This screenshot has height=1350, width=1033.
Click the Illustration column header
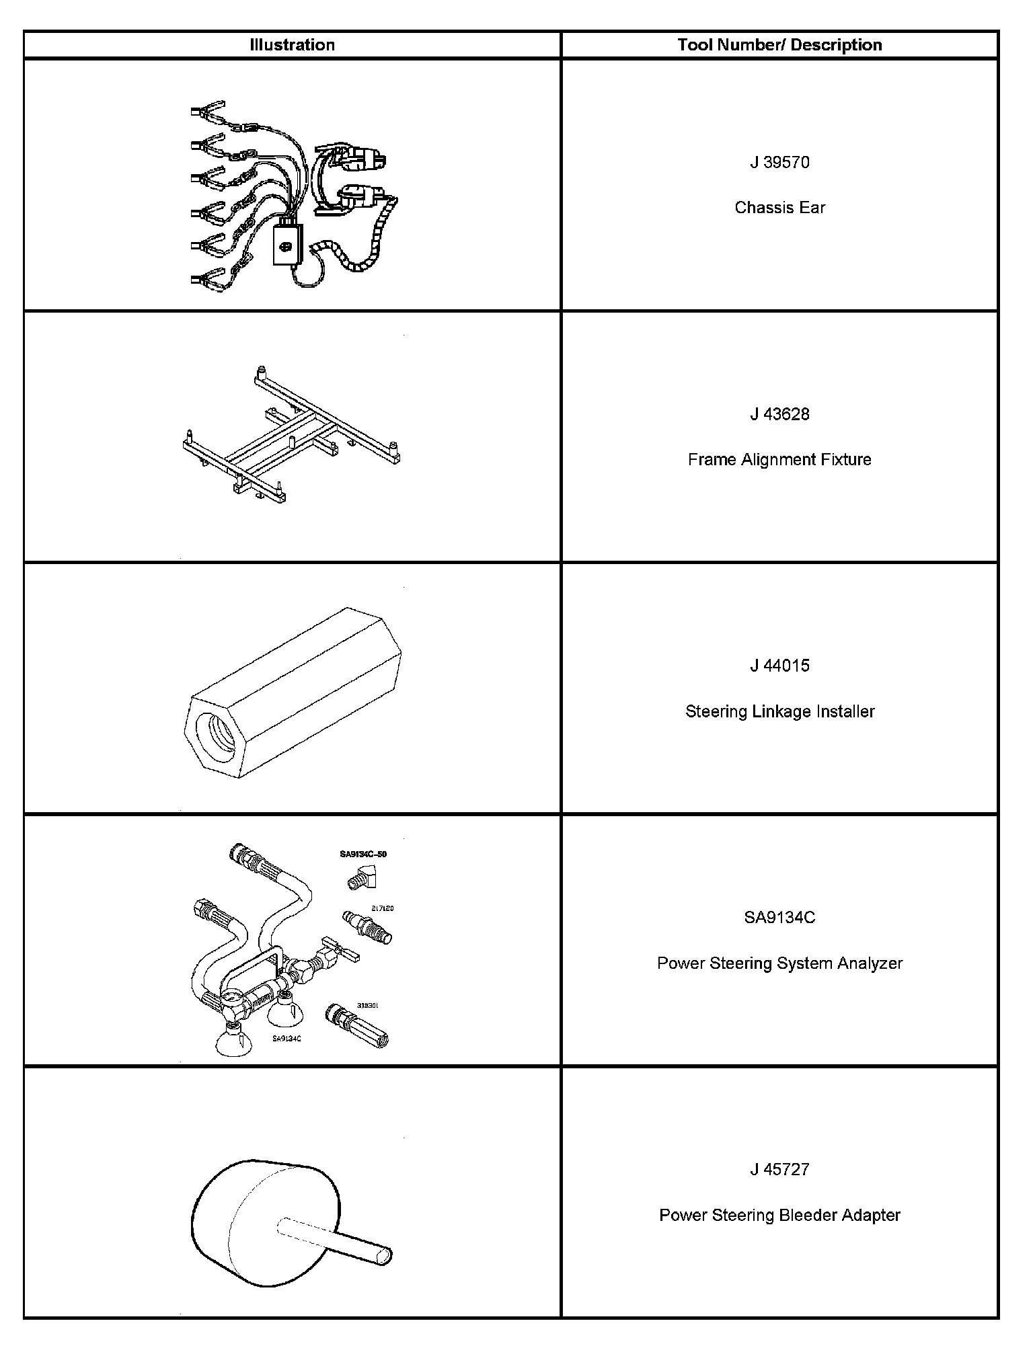click(x=292, y=45)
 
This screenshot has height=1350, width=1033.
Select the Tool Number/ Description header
click(x=779, y=45)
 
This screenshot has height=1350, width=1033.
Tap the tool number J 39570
click(x=779, y=163)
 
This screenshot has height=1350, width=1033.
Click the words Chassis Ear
click(x=779, y=208)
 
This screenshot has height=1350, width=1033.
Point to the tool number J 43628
click(x=779, y=414)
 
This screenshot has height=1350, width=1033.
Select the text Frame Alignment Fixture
click(x=779, y=460)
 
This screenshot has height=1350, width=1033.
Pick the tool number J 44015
click(x=779, y=666)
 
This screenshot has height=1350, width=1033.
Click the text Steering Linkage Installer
click(x=779, y=711)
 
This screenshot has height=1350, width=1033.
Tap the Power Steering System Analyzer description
click(x=779, y=963)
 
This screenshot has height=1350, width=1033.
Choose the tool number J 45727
click(x=779, y=1169)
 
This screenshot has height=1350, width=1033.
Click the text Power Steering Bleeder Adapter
click(x=779, y=1215)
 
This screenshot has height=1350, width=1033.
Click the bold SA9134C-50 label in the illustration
click(x=363, y=855)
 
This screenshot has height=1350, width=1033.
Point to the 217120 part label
click(x=383, y=908)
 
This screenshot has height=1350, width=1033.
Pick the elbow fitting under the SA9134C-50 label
click(x=363, y=877)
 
